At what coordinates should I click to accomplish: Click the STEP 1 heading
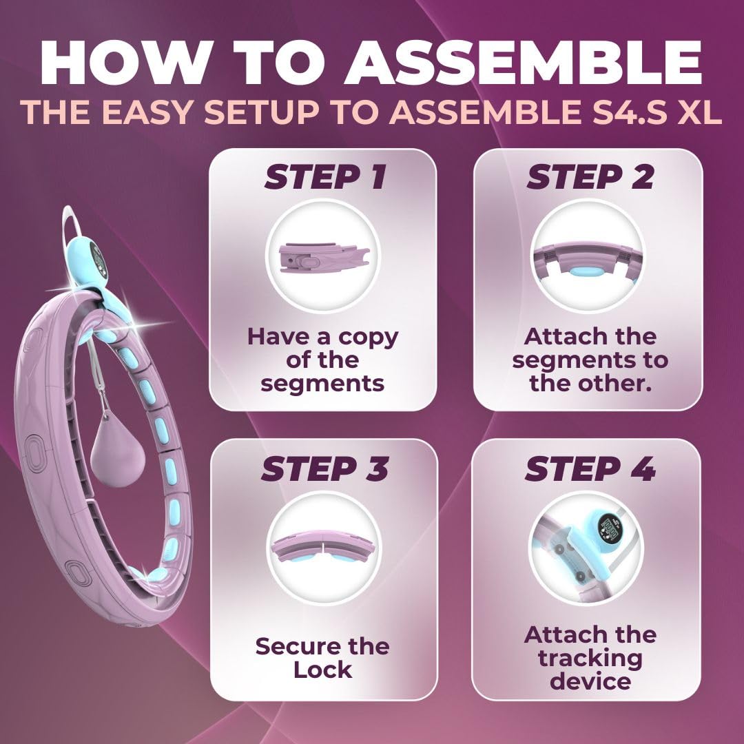(325, 178)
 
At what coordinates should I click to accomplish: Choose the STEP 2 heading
(590, 178)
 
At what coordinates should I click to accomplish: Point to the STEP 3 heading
(324, 469)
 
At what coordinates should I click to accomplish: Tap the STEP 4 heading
(590, 469)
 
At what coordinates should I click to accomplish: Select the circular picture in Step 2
(588, 257)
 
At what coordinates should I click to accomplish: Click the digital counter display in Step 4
(609, 529)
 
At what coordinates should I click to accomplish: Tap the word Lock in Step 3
(322, 669)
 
